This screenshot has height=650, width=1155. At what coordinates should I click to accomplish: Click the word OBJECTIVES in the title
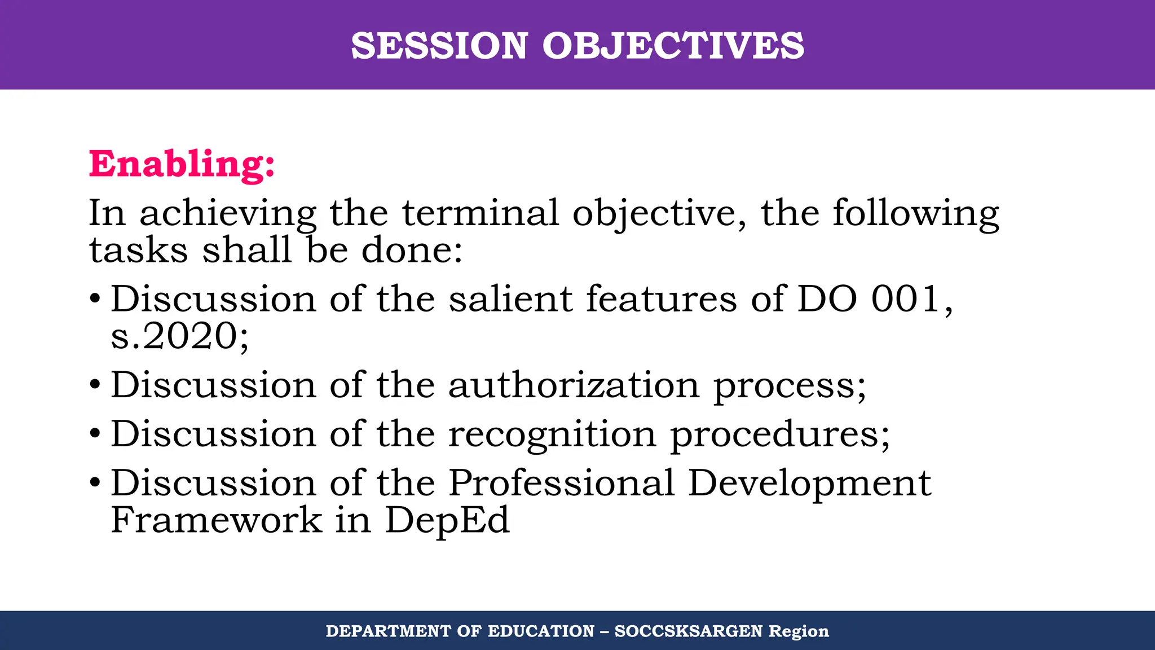[673, 46]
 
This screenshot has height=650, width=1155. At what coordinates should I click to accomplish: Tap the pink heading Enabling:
[182, 164]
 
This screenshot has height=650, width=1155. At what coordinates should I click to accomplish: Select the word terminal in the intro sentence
[480, 213]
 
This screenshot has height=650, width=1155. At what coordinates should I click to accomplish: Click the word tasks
[139, 250]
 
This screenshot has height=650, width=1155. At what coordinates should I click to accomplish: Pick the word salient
[511, 298]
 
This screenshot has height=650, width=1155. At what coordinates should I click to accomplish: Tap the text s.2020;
[180, 336]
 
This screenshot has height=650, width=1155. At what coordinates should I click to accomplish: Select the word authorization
[574, 385]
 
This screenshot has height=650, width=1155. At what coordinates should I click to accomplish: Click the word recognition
[553, 435]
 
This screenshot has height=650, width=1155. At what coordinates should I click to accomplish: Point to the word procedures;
[780, 435]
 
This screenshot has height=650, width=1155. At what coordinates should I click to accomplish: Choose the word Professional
[562, 484]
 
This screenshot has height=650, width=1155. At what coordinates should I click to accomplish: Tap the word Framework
[216, 520]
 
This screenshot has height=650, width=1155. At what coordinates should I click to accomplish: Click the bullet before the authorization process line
[95, 386]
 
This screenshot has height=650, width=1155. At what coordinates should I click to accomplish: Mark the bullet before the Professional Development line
[95, 484]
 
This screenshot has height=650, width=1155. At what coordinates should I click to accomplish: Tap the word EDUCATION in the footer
[541, 631]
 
